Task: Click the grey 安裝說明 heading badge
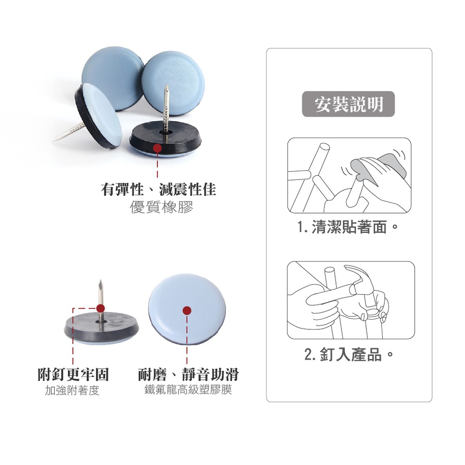(x=348, y=104)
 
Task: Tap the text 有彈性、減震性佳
(x=158, y=189)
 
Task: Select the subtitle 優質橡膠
(x=161, y=207)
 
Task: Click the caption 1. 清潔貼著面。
(x=347, y=228)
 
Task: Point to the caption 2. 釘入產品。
(x=349, y=354)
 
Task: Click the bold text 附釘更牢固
(x=73, y=374)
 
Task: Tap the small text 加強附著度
(x=72, y=391)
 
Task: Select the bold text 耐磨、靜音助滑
(x=188, y=374)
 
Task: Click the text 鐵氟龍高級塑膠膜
(x=188, y=389)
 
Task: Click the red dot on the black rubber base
(x=157, y=148)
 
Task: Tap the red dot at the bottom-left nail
(x=100, y=308)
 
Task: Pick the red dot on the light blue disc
(x=187, y=311)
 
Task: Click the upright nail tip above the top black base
(x=167, y=86)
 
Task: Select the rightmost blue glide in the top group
(x=173, y=83)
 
